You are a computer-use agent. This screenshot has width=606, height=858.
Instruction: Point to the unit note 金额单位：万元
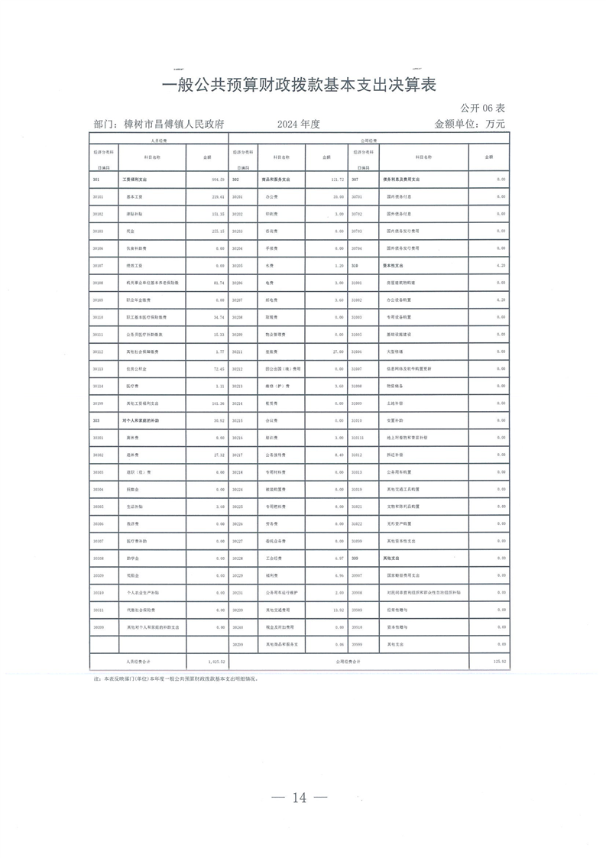click(469, 124)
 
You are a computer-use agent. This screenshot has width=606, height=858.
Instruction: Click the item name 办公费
click(270, 196)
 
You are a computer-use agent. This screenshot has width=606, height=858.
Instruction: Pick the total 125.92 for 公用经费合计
click(497, 662)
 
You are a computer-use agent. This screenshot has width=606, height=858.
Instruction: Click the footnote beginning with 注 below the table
click(176, 678)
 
